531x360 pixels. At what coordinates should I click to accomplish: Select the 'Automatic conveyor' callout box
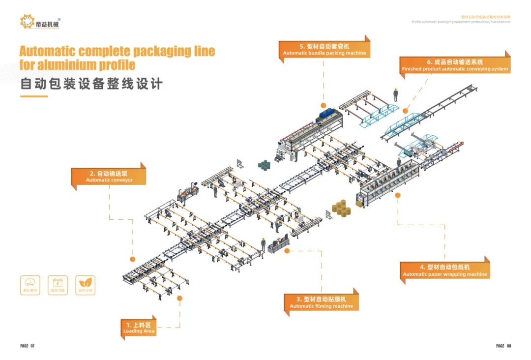coord(109,177)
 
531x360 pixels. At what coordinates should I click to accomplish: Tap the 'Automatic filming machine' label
coord(321,302)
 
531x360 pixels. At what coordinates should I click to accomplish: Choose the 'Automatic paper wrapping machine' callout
coord(445,270)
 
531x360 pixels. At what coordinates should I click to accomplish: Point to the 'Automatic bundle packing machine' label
coord(324,50)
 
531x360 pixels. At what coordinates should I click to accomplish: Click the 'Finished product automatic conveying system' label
coord(455,65)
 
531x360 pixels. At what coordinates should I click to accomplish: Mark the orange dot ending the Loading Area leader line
coord(179,298)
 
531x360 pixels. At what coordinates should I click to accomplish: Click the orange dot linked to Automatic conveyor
coord(132,259)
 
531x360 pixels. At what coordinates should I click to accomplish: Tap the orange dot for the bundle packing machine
coord(324,105)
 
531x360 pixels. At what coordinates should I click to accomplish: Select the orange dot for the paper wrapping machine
coord(398,195)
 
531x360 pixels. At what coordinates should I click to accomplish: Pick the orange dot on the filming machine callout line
coord(286,251)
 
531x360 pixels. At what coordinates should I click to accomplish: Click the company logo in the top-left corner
coord(41,22)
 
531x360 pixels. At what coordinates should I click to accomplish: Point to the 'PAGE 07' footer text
coord(28,346)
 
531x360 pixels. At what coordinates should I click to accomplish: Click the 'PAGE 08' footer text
coord(503,346)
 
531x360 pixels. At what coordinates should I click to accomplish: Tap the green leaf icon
coord(86,283)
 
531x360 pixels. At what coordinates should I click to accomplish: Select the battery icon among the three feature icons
coord(58,283)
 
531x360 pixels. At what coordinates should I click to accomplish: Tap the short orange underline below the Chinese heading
coord(33,96)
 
